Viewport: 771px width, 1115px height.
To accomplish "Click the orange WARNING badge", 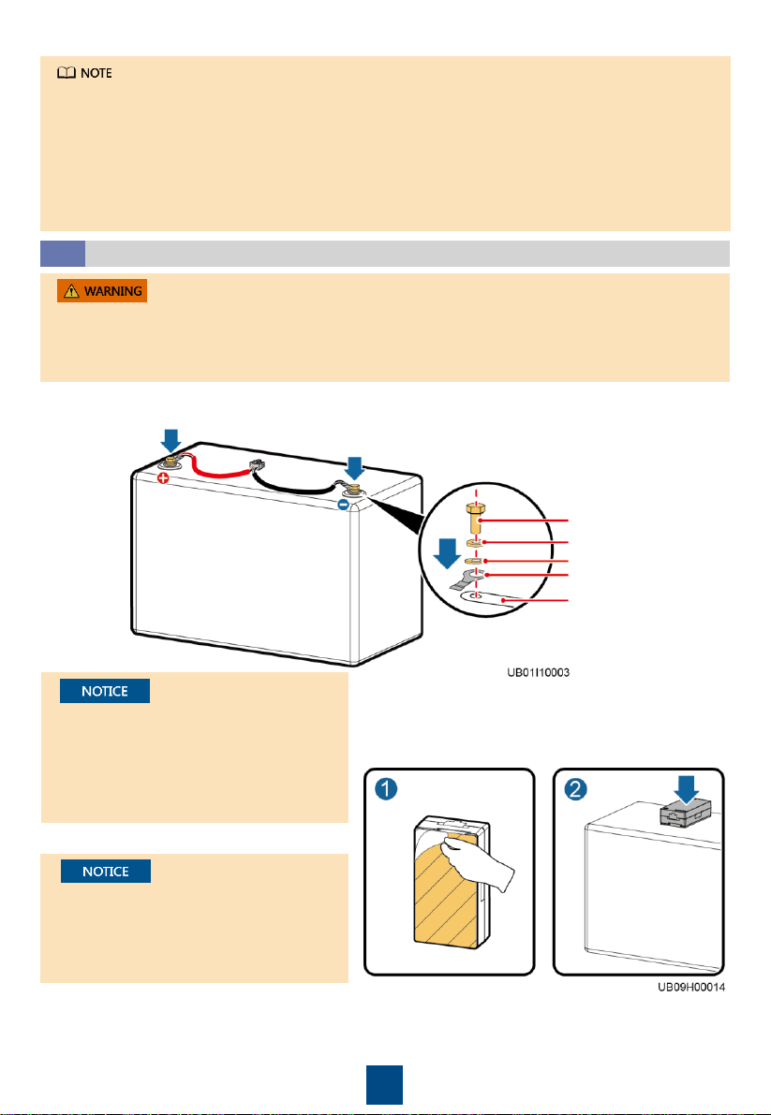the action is click(x=102, y=291).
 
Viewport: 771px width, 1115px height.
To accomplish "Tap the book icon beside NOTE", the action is click(x=67, y=73).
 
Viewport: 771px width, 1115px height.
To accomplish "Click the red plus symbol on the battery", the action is click(x=163, y=478).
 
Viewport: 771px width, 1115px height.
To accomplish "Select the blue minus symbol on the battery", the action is click(x=343, y=505).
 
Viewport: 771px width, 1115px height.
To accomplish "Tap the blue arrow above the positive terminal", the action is click(x=171, y=439).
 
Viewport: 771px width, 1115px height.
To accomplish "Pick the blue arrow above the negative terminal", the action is click(x=354, y=468).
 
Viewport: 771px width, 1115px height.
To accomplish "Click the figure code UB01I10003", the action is click(x=538, y=672).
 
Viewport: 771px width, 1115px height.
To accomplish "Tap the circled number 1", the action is click(x=386, y=790).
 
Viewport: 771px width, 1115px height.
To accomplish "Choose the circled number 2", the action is click(x=575, y=790).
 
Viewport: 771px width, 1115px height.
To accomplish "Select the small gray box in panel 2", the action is click(x=686, y=812).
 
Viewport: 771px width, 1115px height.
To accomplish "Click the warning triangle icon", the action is click(x=71, y=291).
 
